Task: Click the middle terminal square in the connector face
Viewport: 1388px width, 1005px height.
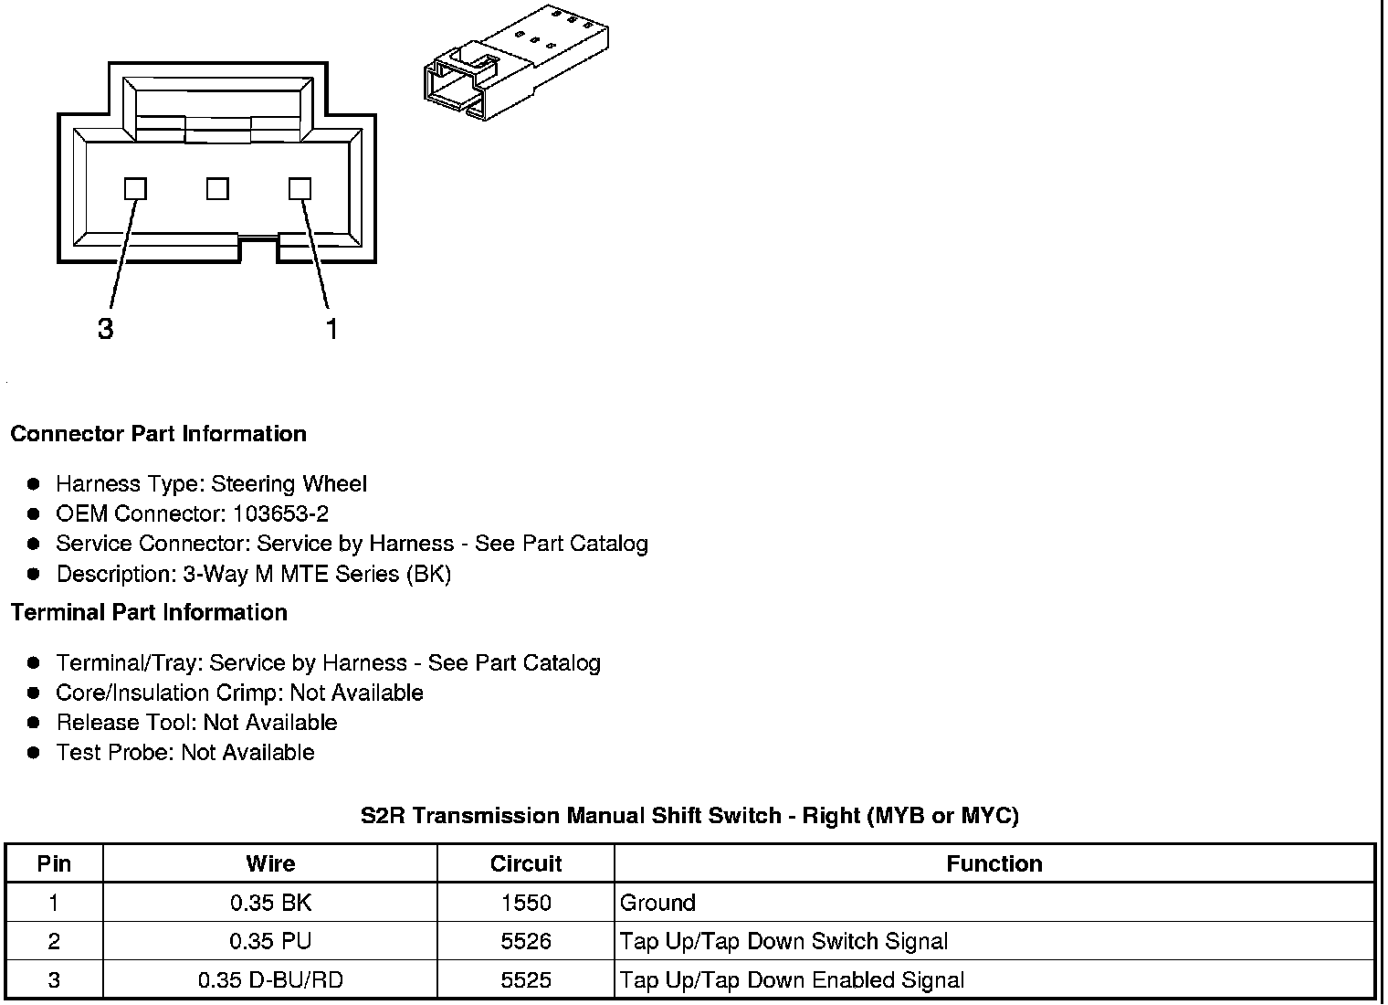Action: (x=217, y=189)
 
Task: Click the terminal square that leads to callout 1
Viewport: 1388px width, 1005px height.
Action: (x=300, y=189)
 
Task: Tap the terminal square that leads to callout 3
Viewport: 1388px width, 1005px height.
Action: (x=135, y=189)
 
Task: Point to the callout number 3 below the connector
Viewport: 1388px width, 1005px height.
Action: (x=106, y=329)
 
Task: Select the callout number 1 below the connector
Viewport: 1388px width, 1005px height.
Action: (x=331, y=329)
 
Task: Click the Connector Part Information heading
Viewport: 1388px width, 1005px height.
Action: (x=158, y=434)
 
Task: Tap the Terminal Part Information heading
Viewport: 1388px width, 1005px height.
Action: (x=149, y=612)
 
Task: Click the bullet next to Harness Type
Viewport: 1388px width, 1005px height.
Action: (x=34, y=484)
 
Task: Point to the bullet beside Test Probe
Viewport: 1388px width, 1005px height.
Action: (x=34, y=753)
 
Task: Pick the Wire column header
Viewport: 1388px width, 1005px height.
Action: (x=270, y=864)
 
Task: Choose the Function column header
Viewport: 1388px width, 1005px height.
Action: (x=994, y=864)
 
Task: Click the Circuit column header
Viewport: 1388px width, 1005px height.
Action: (x=526, y=864)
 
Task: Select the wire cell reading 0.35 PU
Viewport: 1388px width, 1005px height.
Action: (x=270, y=942)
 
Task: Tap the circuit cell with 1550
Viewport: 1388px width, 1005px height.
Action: (x=526, y=904)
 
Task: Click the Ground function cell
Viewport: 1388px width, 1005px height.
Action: (x=657, y=904)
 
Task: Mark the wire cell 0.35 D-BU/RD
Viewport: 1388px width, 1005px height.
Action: (x=270, y=981)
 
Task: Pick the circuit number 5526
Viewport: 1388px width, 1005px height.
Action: (x=526, y=942)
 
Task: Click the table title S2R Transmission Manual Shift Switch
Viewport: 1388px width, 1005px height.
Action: (x=689, y=816)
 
